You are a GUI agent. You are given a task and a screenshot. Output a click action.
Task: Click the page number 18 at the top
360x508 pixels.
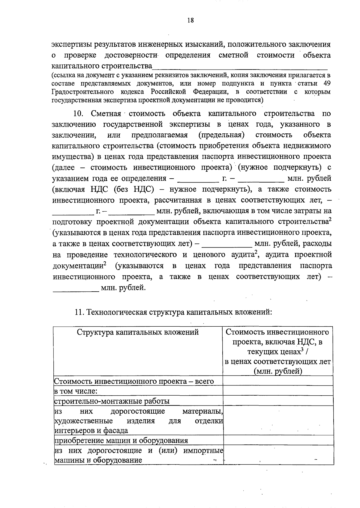click(190, 20)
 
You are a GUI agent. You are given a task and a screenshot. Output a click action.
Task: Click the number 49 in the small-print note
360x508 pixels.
click(327, 83)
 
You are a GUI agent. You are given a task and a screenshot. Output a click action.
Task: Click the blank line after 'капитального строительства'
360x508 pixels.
click(240, 67)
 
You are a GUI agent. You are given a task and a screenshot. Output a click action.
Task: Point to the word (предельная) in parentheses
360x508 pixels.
click(221, 135)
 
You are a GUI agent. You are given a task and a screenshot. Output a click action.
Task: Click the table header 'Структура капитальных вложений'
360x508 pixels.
click(138, 332)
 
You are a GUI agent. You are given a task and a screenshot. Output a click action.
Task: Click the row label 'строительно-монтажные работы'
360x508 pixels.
click(112, 401)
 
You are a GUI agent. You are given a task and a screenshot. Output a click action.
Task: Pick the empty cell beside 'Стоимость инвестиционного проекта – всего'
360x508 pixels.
click(278, 381)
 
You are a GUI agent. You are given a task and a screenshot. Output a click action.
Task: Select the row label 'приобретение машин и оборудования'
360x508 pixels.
click(121, 440)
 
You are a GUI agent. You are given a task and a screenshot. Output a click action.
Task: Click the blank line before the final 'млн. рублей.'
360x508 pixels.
click(76, 288)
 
